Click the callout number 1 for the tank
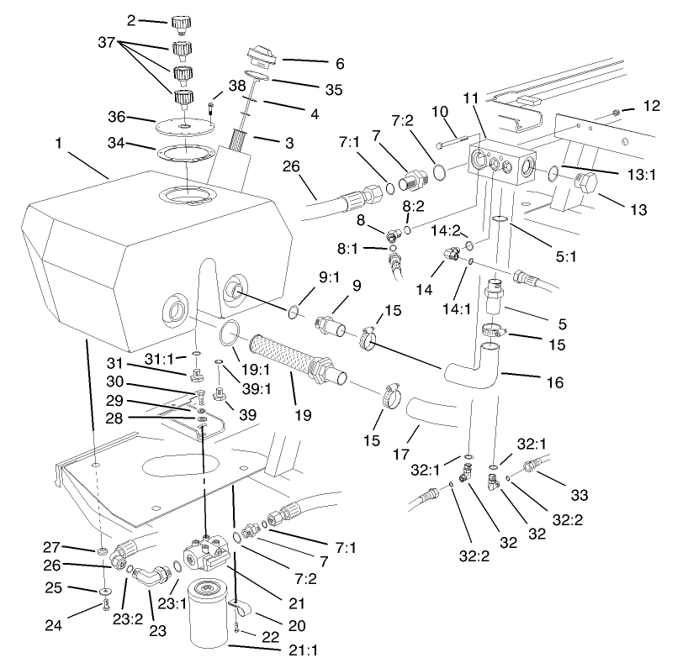(x=59, y=144)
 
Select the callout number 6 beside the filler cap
(x=316, y=62)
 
